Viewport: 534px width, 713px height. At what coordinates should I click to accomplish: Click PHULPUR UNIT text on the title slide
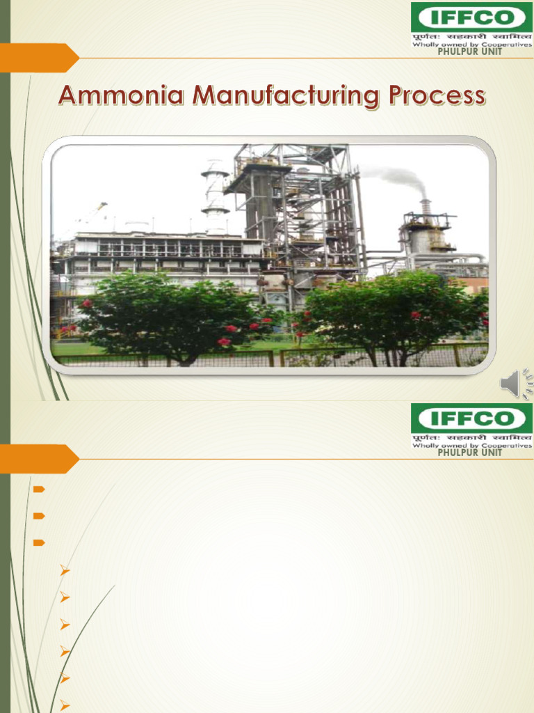point(469,52)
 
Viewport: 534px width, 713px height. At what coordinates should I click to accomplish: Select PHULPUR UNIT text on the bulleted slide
point(469,453)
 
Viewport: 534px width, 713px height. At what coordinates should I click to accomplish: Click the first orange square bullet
point(39,489)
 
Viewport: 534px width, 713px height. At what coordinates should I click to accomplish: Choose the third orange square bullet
point(39,542)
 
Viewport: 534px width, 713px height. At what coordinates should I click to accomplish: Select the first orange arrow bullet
point(65,572)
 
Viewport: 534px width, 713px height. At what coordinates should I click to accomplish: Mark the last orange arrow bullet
point(65,704)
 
